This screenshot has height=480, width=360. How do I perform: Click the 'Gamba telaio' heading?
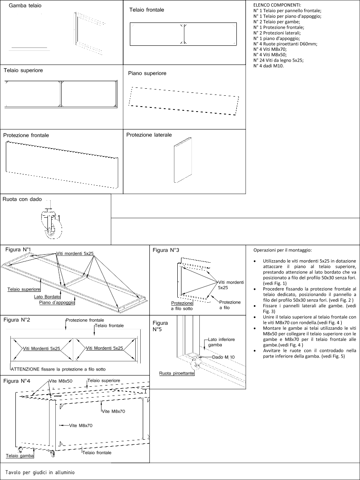click(x=25, y=6)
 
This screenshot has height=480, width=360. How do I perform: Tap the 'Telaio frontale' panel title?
click(x=146, y=10)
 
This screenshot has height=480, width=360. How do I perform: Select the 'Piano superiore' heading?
click(x=147, y=73)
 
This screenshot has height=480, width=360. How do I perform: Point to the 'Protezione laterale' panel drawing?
click(x=182, y=160)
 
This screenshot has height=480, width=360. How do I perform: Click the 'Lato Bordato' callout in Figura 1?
click(x=47, y=297)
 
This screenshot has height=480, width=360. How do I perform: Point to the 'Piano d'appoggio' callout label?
click(x=57, y=303)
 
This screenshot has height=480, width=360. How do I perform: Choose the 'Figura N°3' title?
click(x=166, y=250)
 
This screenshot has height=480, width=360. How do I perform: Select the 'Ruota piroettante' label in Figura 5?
click(x=176, y=373)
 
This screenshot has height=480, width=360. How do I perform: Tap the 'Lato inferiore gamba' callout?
click(x=221, y=342)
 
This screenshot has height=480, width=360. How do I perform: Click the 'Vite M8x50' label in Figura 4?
click(x=60, y=381)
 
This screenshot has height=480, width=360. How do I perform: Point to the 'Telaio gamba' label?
click(x=20, y=455)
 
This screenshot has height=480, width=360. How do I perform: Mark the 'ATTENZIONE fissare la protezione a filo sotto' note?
click(x=58, y=369)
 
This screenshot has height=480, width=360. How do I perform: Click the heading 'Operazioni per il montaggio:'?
click(x=282, y=250)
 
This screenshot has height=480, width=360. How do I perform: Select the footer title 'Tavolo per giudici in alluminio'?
click(x=40, y=473)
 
